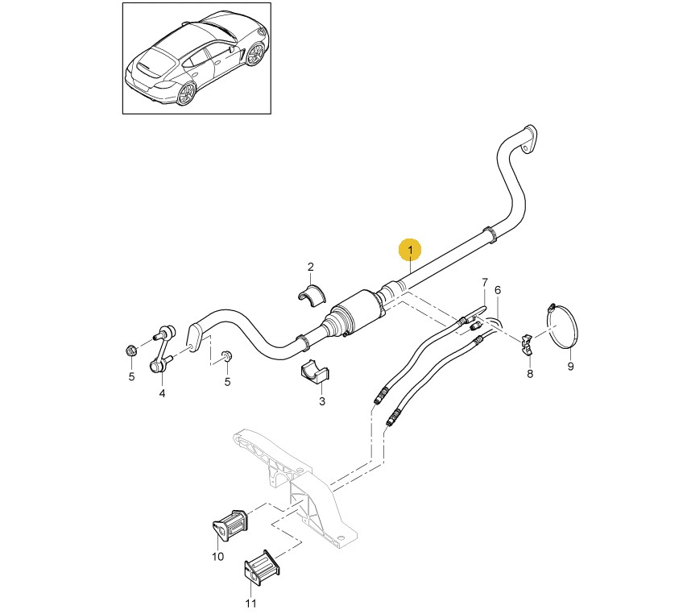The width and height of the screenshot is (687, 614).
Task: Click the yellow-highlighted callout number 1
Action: coord(410,250)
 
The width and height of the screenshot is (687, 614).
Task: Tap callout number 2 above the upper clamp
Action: coord(311,267)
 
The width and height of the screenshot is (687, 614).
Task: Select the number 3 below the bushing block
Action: coord(322,401)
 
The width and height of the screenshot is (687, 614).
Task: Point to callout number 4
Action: coord(162,393)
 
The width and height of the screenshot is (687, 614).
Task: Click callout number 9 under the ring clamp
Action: coord(570,366)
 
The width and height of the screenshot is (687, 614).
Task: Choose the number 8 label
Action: coord(530,374)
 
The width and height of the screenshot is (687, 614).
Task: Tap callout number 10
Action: coord(217,556)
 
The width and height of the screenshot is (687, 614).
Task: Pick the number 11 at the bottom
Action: coord(250,604)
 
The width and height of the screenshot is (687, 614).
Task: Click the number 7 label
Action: coord(485,282)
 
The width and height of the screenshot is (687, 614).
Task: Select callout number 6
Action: coord(497,290)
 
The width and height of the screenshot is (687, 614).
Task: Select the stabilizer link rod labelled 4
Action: coord(162,348)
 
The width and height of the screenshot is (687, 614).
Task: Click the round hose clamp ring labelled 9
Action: coord(562,326)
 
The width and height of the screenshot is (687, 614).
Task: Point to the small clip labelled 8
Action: coord(527,343)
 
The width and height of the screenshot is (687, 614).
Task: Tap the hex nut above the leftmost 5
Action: coord(130,351)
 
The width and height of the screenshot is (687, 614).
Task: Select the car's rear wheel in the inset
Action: coord(187,93)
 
